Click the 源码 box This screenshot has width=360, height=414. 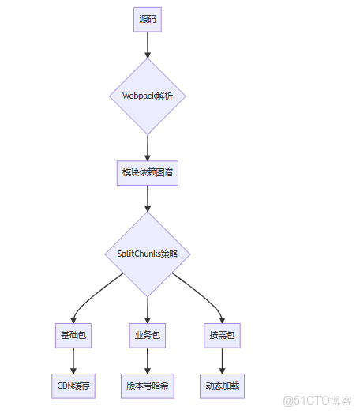148,20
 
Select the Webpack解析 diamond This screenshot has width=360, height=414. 148,96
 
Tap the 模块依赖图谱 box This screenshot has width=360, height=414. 148,173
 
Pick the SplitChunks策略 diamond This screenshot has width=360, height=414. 148,254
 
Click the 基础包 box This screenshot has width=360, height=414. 73,335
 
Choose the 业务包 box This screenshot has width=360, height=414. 148,335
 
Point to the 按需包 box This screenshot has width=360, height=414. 221,335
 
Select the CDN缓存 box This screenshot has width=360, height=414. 73,386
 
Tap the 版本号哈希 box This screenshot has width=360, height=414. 148,386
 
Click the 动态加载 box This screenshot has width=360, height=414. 221,386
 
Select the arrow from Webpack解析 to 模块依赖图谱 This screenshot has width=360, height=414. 148,148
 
